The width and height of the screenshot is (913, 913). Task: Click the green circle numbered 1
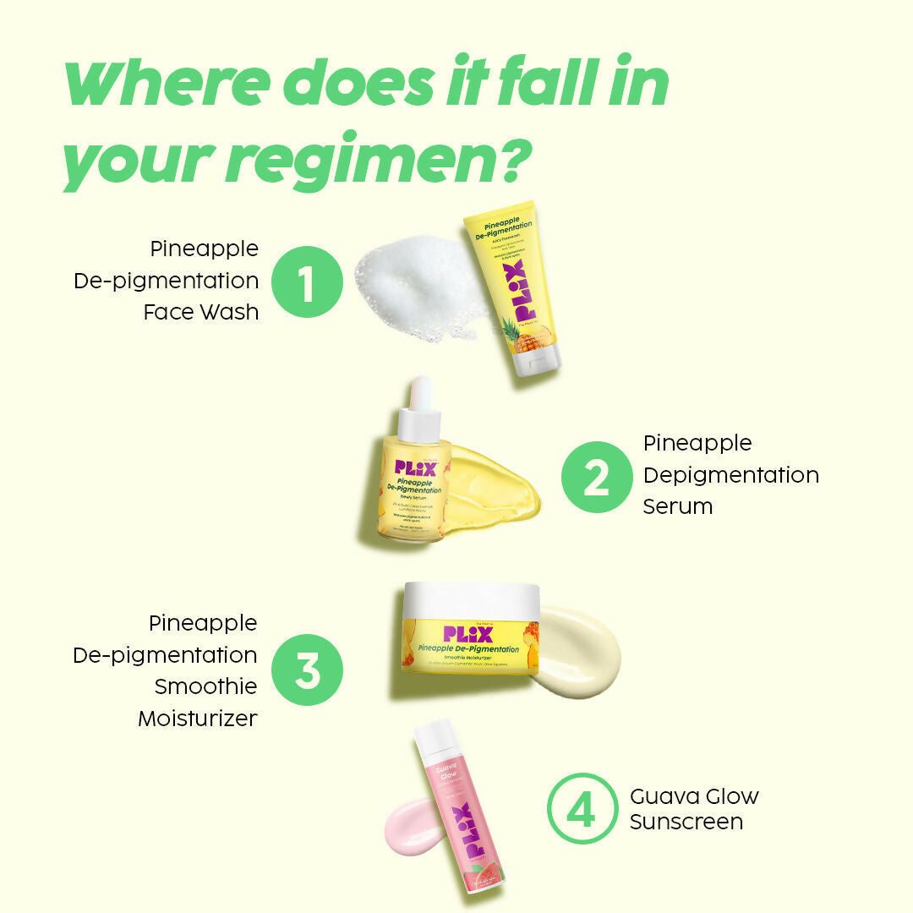pos(307,282)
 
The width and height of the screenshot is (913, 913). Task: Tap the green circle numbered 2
pos(597,477)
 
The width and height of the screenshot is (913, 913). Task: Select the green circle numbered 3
pos(307,670)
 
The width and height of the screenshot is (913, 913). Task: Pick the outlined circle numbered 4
pos(582,808)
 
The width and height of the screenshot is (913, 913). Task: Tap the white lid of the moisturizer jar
pos(470,600)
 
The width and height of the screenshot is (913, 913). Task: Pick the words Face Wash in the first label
pos(201,312)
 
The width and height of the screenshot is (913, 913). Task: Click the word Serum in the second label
pos(677,506)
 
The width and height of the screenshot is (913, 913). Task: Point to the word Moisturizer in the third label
pos(198,719)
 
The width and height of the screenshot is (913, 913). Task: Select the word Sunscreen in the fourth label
pos(686,821)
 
